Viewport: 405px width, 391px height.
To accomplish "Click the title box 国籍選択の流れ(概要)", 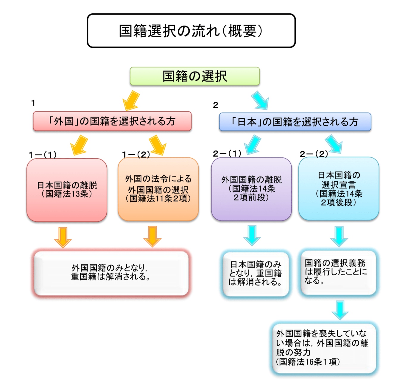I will (x=191, y=31).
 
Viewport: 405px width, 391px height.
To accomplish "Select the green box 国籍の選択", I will (x=195, y=76).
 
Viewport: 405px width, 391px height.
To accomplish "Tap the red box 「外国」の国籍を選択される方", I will (x=112, y=121).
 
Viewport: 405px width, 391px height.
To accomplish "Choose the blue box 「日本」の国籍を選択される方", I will (x=295, y=122).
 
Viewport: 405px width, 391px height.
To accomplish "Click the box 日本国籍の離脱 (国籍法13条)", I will (x=67, y=190).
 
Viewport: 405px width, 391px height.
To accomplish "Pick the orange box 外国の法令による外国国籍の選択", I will (x=158, y=189).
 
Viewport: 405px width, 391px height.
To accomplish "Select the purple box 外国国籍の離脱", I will (x=251, y=189).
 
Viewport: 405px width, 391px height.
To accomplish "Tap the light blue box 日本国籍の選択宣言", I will (x=339, y=188).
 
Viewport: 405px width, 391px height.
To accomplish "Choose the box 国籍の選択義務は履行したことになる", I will (x=338, y=272).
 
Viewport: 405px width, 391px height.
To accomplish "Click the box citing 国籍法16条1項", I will (x=324, y=348).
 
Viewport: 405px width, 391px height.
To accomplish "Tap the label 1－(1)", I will (x=43, y=155).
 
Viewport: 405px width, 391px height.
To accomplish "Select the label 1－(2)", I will (x=136, y=154).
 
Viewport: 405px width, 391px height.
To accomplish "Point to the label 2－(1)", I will (x=227, y=154).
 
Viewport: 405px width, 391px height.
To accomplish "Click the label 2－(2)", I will (x=314, y=154).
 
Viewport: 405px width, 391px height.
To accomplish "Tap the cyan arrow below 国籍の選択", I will (x=260, y=100).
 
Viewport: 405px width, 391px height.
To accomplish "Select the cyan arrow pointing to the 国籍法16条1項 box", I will (x=340, y=310).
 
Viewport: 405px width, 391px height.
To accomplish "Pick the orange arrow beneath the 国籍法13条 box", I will (x=63, y=237).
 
